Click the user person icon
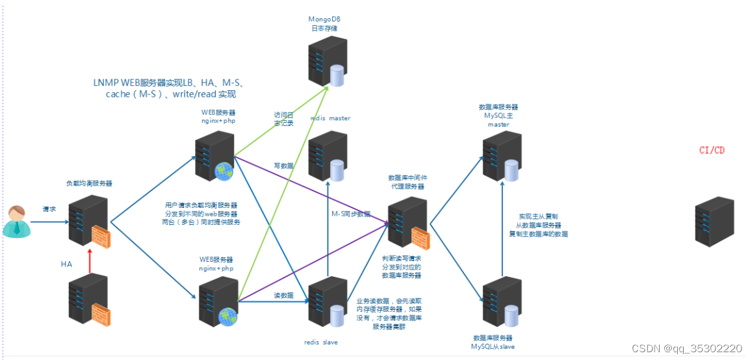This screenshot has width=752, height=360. pyautogui.click(x=16, y=221)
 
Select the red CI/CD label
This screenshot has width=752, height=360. pyautogui.click(x=712, y=150)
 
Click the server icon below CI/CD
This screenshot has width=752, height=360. pyautogui.click(x=714, y=221)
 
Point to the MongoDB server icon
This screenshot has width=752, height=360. pyautogui.click(x=326, y=62)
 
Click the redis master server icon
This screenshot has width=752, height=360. pyautogui.click(x=327, y=156)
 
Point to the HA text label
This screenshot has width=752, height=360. pyautogui.click(x=66, y=264)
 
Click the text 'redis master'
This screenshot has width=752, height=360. pyautogui.click(x=330, y=118)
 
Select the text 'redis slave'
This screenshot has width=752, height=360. pyautogui.click(x=321, y=342)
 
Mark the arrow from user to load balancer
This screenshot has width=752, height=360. pyautogui.click(x=49, y=222)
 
